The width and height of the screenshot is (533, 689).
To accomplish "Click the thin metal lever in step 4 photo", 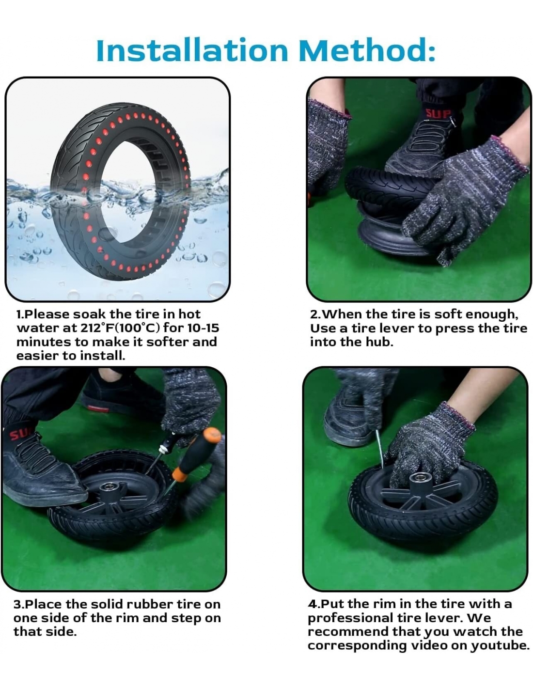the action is pyautogui.click(x=379, y=449).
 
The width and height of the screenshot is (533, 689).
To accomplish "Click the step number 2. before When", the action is pyautogui.click(x=316, y=314).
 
